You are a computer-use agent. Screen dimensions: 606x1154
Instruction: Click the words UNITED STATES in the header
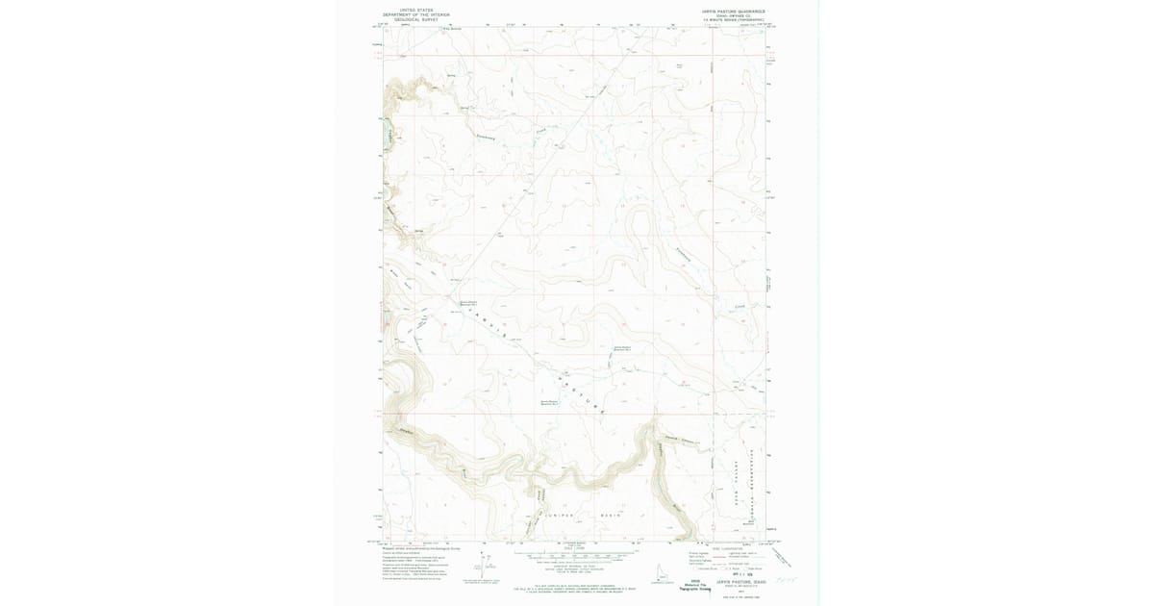click(x=409, y=11)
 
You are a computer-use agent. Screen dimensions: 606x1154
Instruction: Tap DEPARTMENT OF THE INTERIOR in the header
click(x=409, y=15)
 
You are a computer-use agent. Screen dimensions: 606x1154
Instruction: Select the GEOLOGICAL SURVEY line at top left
click(x=409, y=20)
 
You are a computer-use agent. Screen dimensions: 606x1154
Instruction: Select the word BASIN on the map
click(x=613, y=516)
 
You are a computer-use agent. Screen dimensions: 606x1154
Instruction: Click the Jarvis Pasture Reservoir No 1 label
click(x=466, y=300)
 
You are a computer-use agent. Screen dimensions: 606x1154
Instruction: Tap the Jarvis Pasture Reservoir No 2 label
click(x=623, y=348)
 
